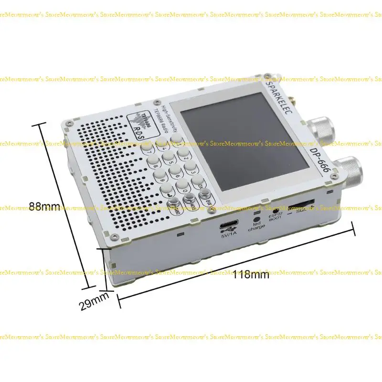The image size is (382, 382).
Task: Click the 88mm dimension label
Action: tap(44, 206)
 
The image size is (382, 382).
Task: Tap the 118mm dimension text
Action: tap(251, 275)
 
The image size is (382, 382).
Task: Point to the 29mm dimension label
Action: tap(94, 302)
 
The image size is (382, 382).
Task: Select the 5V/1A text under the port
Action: tap(229, 235)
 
